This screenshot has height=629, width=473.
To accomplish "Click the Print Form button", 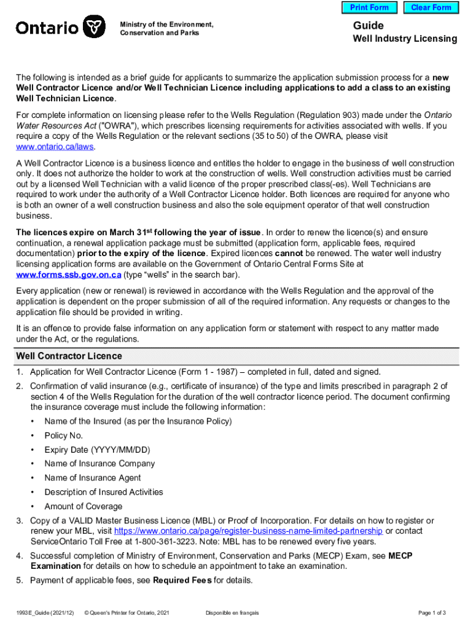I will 369,7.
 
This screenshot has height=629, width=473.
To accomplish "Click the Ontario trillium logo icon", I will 93,28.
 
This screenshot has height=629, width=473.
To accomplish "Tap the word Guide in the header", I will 368,25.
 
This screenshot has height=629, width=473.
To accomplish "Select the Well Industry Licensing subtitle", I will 404,39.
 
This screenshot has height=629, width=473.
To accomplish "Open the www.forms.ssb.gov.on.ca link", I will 69,275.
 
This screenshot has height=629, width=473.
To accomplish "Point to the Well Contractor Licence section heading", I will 69,356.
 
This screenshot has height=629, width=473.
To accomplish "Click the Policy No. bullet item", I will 63,436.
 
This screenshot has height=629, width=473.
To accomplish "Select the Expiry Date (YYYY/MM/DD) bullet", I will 97,450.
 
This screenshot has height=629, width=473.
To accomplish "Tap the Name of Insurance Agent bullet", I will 92,478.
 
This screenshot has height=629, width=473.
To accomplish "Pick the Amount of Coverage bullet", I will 83,506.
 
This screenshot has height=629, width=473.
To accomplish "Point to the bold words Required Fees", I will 181,580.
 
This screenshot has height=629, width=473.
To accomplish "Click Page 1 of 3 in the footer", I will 432,613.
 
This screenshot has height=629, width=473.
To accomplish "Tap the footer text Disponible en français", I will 232,613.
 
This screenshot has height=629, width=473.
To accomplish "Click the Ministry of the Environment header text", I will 166,25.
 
